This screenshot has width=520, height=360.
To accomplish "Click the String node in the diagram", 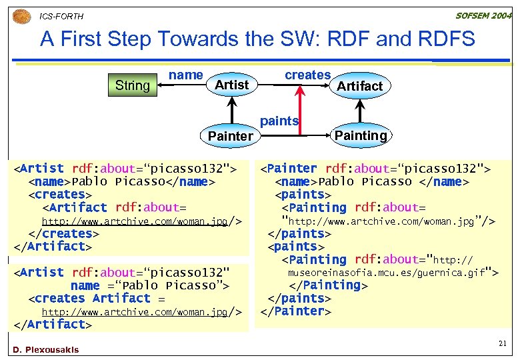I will (132, 85).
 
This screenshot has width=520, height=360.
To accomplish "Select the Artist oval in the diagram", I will (231, 85).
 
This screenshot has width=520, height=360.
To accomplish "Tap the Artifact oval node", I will (359, 86).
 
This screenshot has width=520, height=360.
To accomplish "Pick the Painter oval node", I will (230, 136).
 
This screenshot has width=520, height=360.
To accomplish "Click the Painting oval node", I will (360, 135).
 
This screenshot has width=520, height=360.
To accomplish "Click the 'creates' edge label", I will (307, 75).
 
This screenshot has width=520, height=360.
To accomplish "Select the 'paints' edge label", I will (279, 121).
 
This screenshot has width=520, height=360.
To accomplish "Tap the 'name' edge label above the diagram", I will (185, 75).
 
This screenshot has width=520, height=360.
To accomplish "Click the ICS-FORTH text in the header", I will (61, 16).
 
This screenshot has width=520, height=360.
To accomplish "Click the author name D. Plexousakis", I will (45, 350).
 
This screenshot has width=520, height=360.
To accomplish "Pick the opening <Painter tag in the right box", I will (289, 169).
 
